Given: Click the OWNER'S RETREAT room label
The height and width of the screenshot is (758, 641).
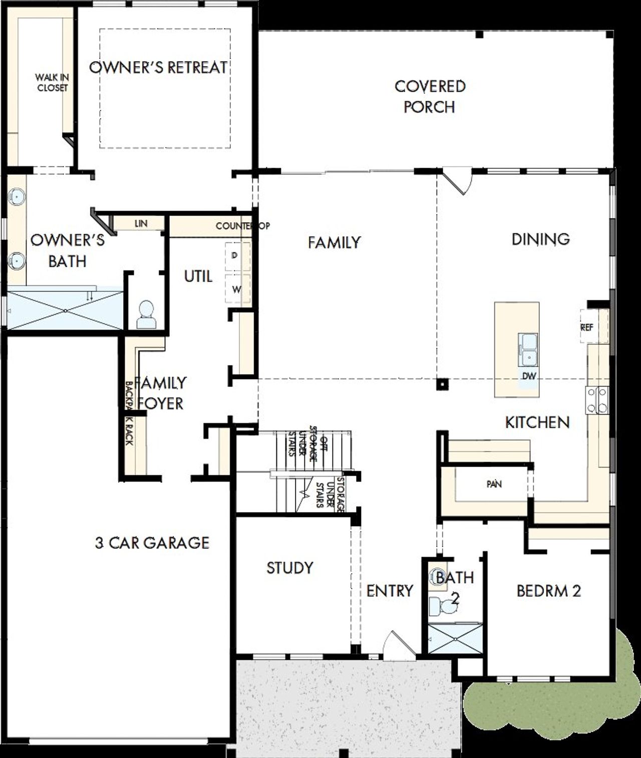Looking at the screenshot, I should pyautogui.click(x=158, y=67).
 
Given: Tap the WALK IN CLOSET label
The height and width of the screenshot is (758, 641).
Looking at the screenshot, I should pyautogui.click(x=52, y=83).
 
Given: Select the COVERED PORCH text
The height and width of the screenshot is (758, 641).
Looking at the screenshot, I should pyautogui.click(x=430, y=97).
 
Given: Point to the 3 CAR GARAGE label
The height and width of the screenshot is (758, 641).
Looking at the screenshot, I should pyautogui.click(x=152, y=543).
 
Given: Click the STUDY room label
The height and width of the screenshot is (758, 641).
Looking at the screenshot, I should pyautogui.click(x=289, y=568).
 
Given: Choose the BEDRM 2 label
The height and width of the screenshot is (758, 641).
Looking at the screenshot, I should pyautogui.click(x=548, y=591).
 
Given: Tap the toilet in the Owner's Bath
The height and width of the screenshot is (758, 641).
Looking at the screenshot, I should pyautogui.click(x=146, y=314).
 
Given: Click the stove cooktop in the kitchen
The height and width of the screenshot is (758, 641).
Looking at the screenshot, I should pyautogui.click(x=597, y=401).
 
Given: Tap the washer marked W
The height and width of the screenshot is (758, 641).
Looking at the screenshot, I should pyautogui.click(x=237, y=289).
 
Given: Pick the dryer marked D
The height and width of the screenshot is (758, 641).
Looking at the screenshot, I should pyautogui.click(x=237, y=256).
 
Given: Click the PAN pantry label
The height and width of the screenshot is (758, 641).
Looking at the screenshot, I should pyautogui.click(x=494, y=484).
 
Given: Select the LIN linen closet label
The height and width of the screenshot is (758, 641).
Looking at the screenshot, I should pyautogui.click(x=141, y=223).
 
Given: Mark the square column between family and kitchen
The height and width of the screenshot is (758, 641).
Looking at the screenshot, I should pyautogui.click(x=442, y=384).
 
